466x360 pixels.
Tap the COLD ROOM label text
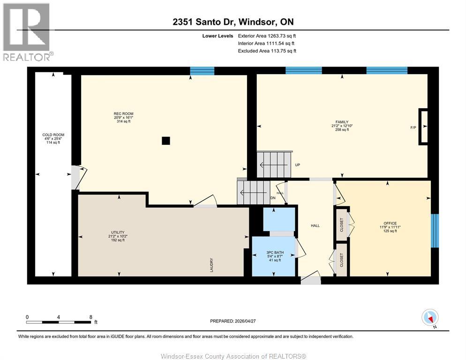click(50, 135)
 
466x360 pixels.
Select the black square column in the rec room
click(165, 140)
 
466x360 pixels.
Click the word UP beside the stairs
click(297, 165)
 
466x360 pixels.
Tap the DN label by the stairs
click(272, 197)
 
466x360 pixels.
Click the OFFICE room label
click(390, 223)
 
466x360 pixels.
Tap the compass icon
click(429, 317)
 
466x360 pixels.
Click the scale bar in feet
click(59, 322)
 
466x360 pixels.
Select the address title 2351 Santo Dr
click(233, 22)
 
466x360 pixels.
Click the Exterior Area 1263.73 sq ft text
click(267, 36)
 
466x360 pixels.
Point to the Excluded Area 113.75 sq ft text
click(267, 51)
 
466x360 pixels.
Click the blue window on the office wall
click(435, 231)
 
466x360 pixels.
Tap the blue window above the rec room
click(202, 71)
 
